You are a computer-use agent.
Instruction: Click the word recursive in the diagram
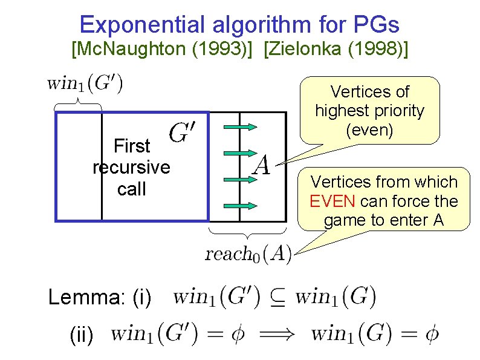point(131,167)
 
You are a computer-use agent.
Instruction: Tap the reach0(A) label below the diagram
point(248,254)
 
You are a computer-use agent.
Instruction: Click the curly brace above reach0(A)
point(247,232)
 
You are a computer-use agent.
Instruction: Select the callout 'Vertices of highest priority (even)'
point(369,111)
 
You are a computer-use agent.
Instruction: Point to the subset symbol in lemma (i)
point(279,299)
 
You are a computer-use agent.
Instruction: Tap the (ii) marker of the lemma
point(82,335)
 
